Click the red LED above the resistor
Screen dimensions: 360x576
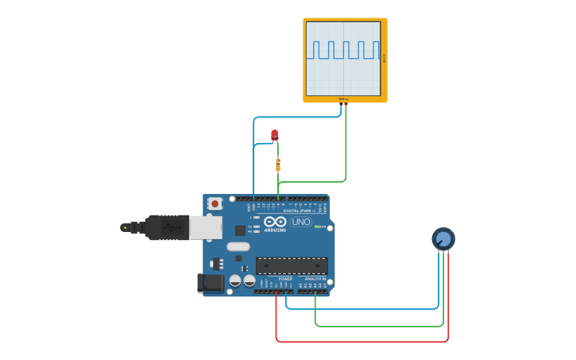(x=274, y=134)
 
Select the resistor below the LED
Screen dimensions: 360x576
(x=277, y=165)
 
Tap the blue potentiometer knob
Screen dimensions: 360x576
(x=443, y=238)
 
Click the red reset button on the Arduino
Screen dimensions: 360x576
(x=215, y=204)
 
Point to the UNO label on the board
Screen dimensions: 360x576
(x=301, y=222)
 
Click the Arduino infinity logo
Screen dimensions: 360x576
(x=275, y=222)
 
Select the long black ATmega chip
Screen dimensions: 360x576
(x=291, y=265)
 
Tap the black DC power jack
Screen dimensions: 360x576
(x=210, y=282)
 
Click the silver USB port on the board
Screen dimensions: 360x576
(x=205, y=227)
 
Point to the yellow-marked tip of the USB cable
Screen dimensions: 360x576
(x=125, y=227)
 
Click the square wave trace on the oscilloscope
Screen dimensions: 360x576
(x=343, y=49)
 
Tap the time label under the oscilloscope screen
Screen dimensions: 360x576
(x=343, y=99)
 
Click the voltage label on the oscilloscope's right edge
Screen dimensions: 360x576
(x=385, y=58)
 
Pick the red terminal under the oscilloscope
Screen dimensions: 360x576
(x=346, y=104)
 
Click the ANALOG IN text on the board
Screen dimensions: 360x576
(x=315, y=279)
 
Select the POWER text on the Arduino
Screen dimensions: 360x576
(x=285, y=279)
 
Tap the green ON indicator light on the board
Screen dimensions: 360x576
(x=318, y=226)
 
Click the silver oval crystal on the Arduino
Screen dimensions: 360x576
(x=238, y=246)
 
